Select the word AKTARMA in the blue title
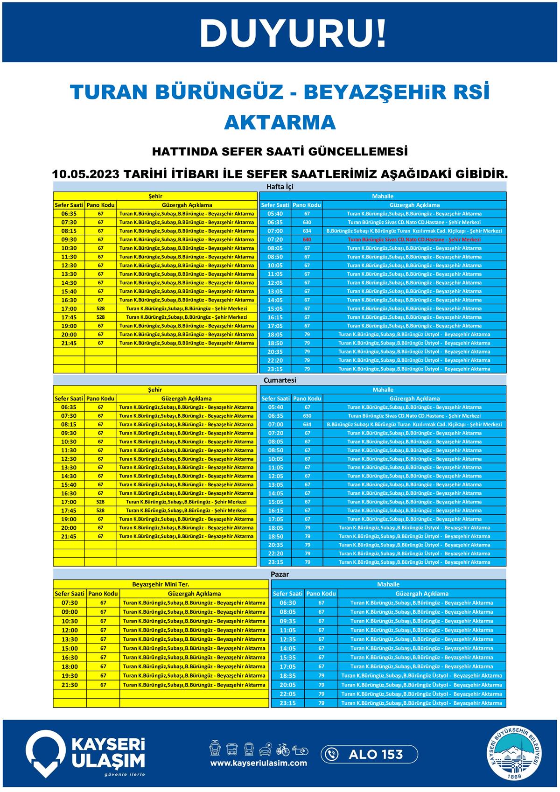280,122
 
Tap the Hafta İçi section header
280,187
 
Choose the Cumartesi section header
280,380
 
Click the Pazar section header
280,574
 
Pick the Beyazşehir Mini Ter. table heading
161,584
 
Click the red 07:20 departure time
275,239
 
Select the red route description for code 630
414,239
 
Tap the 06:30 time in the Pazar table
287,603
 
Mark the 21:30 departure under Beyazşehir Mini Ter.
70,685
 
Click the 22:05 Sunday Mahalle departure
287,694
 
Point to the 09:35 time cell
287,621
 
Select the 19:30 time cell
70,675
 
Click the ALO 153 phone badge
369,754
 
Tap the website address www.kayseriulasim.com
258,763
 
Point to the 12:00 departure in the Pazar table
70,630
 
